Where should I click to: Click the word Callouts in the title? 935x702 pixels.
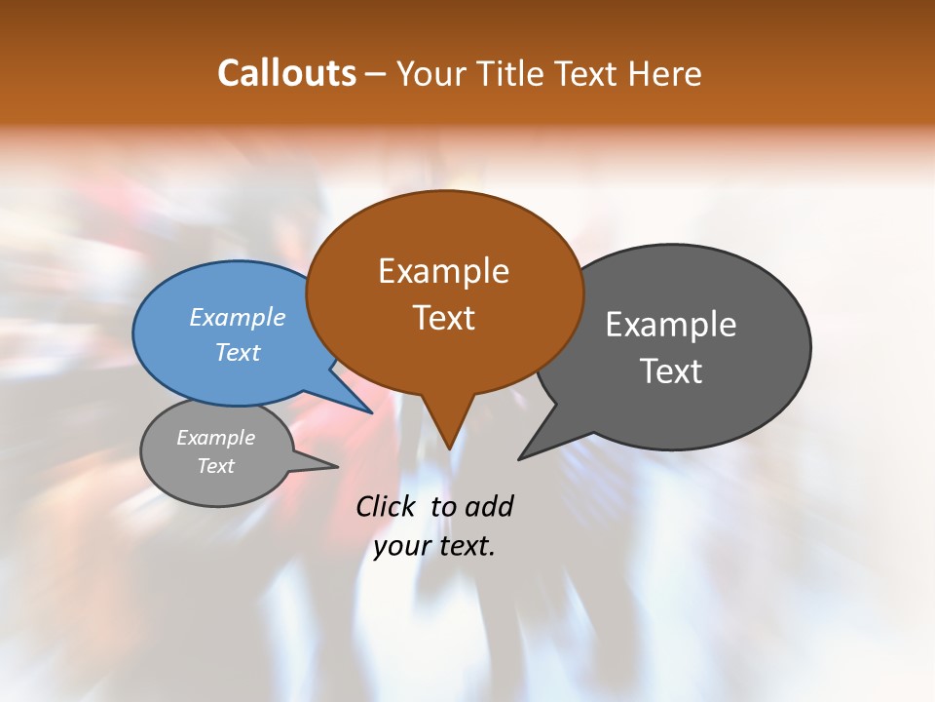[x=286, y=73]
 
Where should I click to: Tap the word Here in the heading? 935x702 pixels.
[x=665, y=73]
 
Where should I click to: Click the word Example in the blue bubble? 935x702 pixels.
[x=238, y=317]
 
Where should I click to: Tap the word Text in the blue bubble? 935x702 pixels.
[x=238, y=352]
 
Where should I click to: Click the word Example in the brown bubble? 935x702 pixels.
[x=444, y=271]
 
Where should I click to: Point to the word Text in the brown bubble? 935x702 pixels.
[x=444, y=318]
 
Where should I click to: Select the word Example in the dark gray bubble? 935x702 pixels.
[x=671, y=324]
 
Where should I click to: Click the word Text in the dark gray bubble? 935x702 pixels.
[x=671, y=370]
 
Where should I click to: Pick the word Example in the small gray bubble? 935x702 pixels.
[x=215, y=438]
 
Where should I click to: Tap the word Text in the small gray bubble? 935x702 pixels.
[x=215, y=466]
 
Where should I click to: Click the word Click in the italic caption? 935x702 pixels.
[x=388, y=506]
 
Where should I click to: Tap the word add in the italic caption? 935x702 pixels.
[x=489, y=506]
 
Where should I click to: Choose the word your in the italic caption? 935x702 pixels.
[x=401, y=546]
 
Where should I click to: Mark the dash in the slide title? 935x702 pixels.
[x=377, y=74]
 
